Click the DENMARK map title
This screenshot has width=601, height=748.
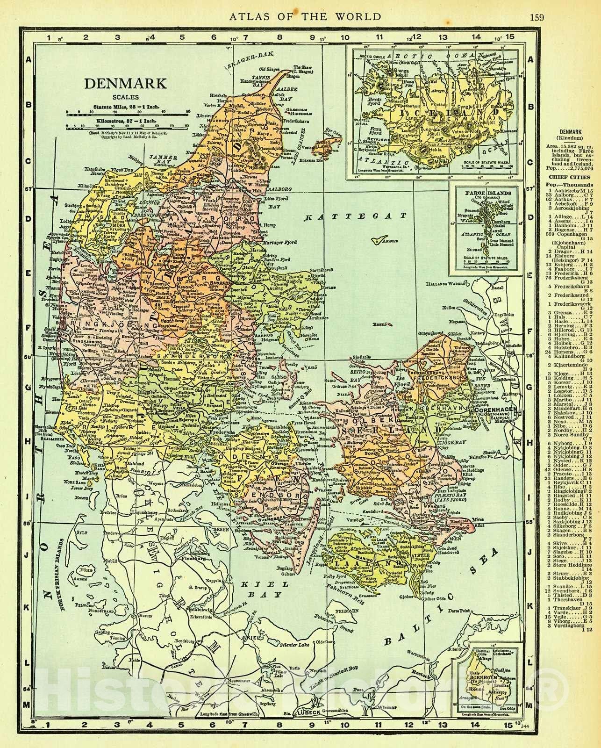point(125,84)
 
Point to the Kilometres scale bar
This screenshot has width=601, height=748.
point(127,126)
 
